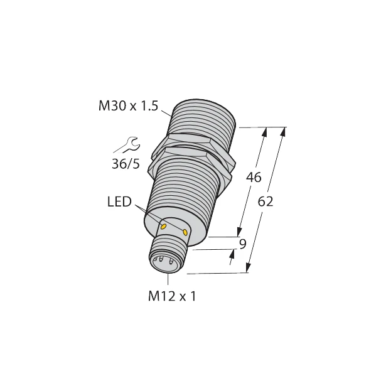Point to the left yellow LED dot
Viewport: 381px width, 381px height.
pyautogui.click(x=163, y=226)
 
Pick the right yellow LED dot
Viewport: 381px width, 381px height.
pyautogui.click(x=185, y=233)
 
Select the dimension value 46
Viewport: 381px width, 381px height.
pyautogui.click(x=253, y=178)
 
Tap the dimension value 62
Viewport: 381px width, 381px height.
pyautogui.click(x=266, y=202)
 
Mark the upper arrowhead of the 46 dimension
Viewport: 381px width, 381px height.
pyautogui.click(x=264, y=132)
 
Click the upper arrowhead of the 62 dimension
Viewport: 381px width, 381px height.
pyautogui.click(x=282, y=132)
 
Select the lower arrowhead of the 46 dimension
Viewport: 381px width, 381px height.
pyautogui.click(x=240, y=232)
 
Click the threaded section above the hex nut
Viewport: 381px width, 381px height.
pyautogui.click(x=203, y=119)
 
